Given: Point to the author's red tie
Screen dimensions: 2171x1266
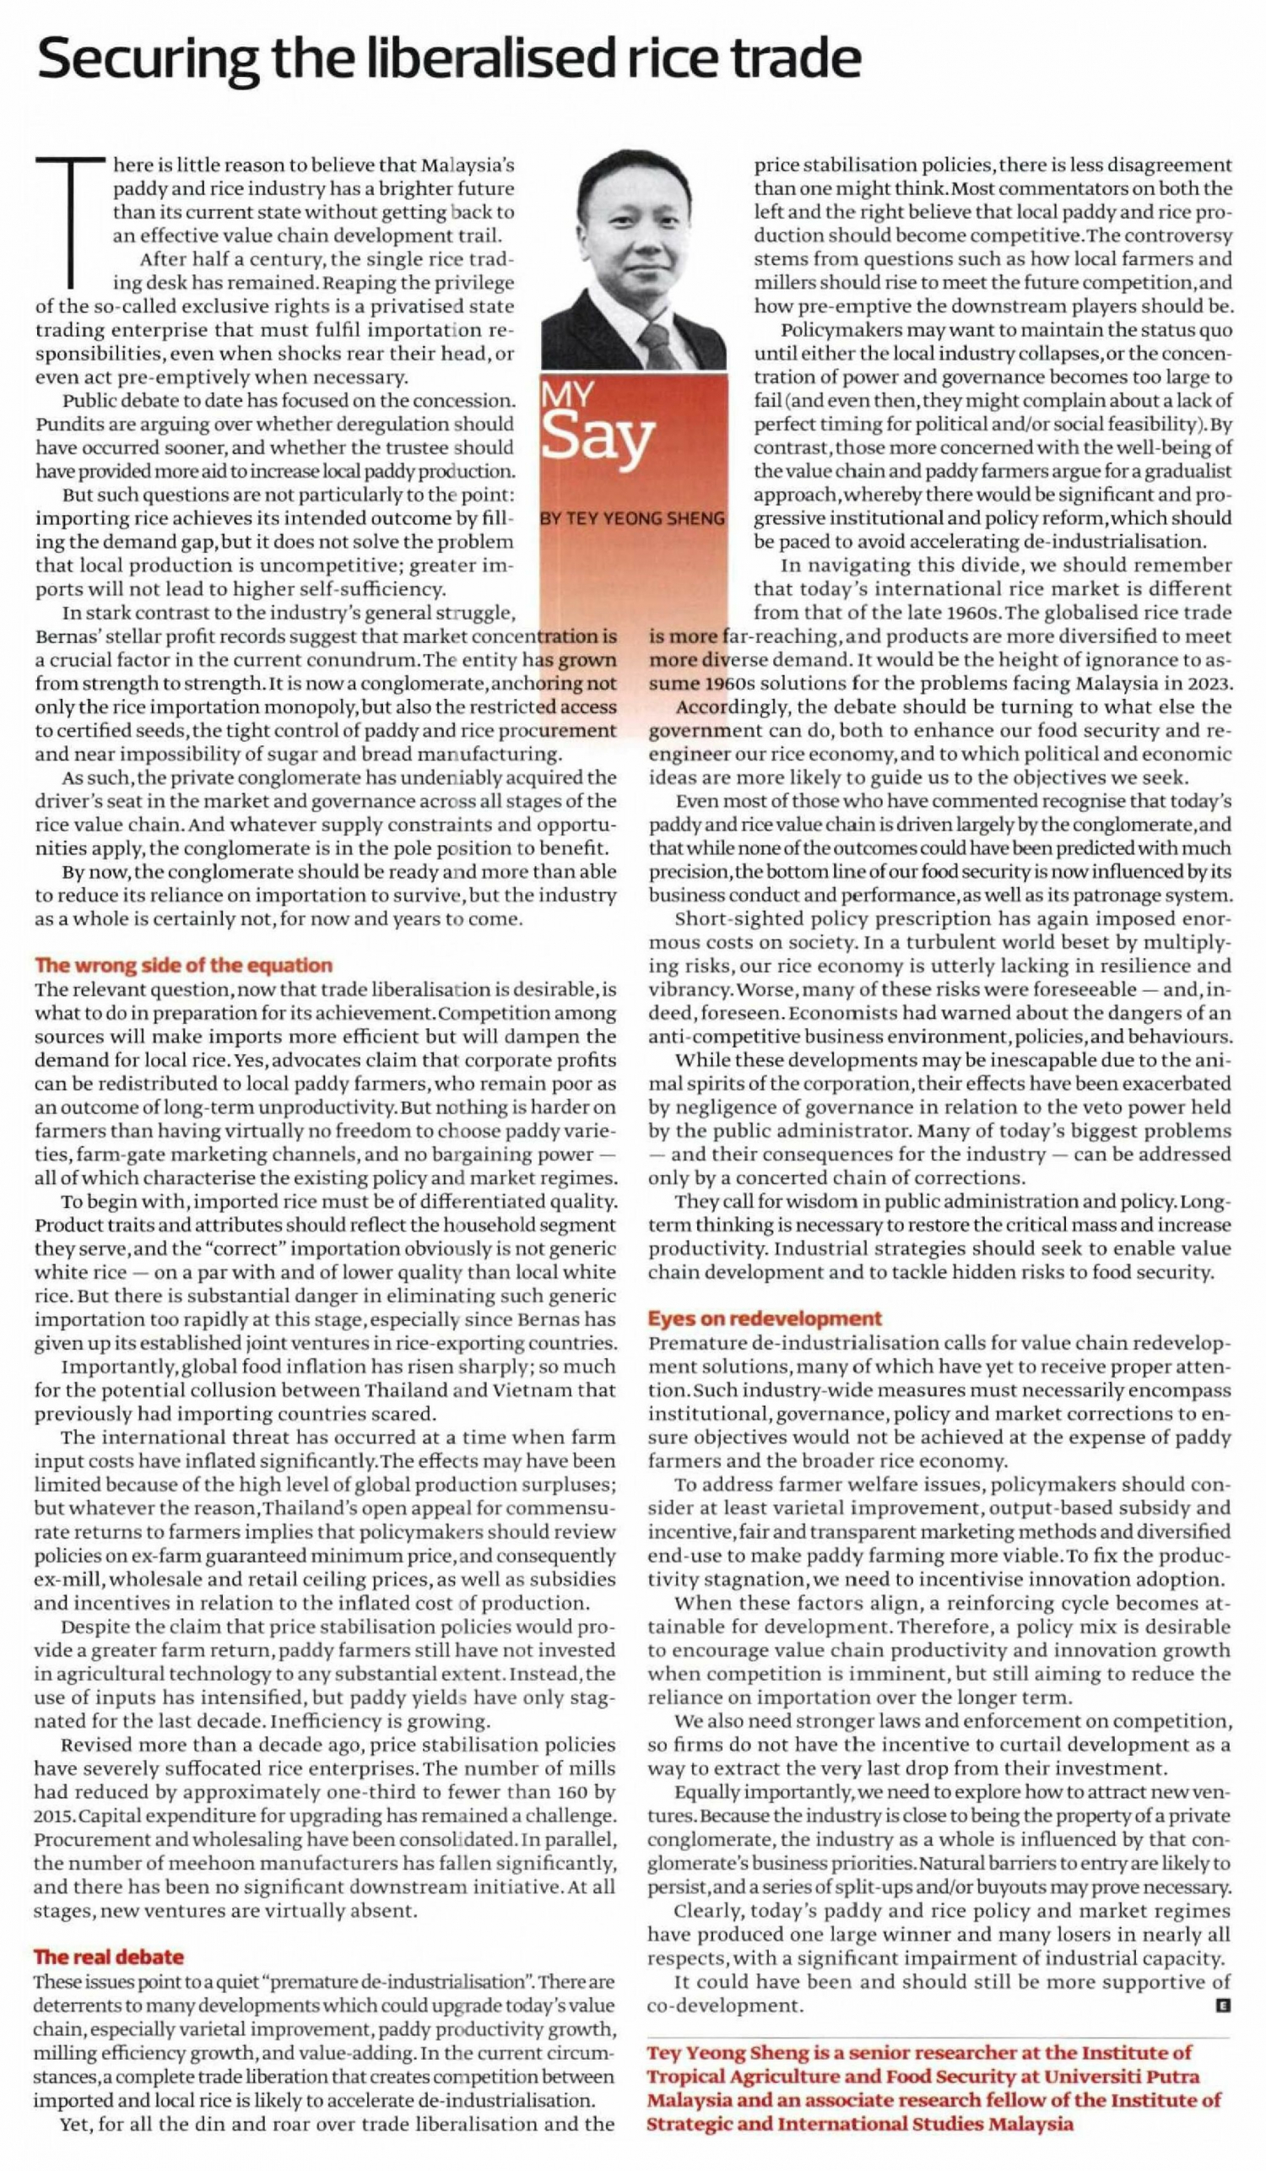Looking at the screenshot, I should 658,345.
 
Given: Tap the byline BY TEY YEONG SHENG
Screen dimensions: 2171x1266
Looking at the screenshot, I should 632,518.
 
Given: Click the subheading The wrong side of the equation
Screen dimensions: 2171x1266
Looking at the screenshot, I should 183,965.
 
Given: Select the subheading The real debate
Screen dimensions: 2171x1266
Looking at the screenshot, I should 109,1957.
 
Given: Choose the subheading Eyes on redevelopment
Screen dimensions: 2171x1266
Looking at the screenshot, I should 765,1318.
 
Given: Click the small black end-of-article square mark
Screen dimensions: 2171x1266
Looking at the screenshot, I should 1221,2006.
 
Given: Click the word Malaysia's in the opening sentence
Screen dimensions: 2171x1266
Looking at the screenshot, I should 468,165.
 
